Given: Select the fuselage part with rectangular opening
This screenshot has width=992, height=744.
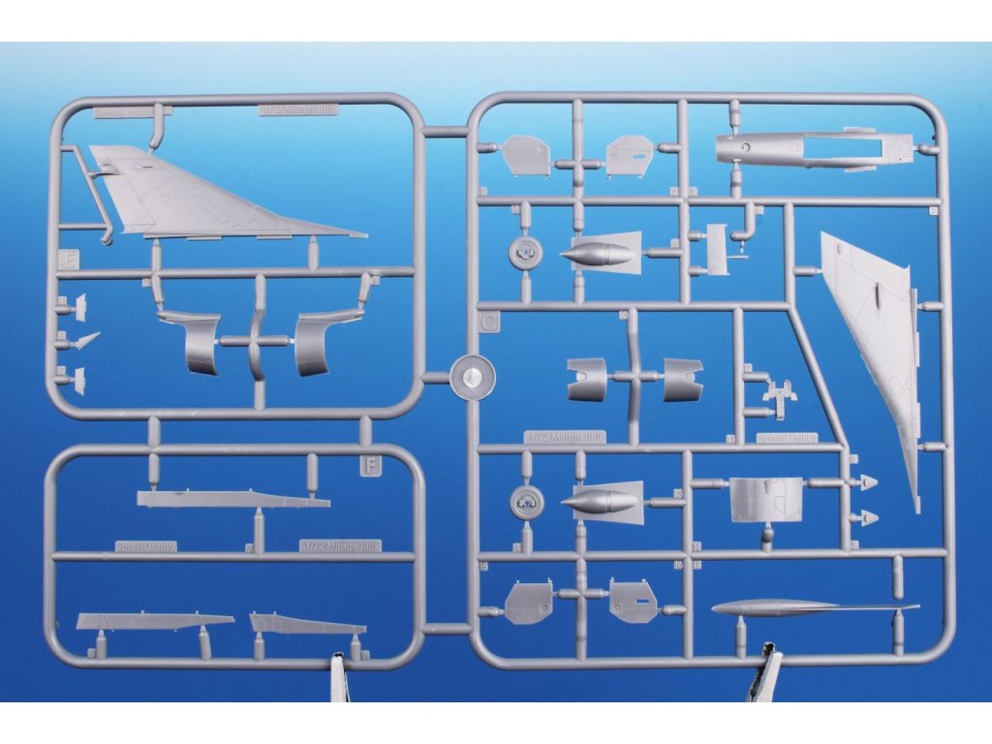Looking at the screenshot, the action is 814,150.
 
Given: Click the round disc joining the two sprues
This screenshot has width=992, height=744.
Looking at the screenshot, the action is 474,377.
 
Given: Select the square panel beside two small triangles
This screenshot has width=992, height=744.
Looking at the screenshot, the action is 765,499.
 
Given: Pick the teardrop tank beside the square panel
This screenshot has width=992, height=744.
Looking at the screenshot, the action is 601,502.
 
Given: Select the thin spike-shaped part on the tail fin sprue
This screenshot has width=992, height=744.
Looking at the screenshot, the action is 86,340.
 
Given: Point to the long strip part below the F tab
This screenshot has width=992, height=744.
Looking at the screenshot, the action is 232,500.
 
